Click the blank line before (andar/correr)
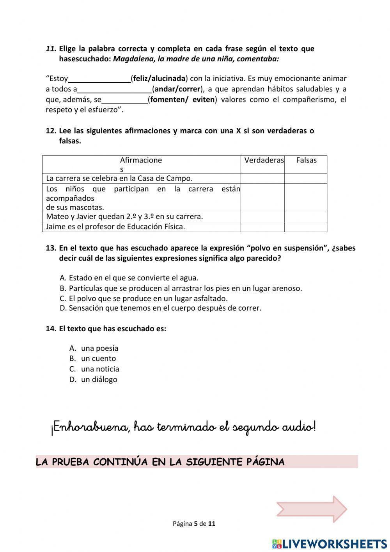coord(114,89)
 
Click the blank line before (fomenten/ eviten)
coord(124,100)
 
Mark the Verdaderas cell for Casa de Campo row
coord(262,179)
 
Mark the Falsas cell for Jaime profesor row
coord(305,227)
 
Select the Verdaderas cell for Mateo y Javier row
coord(262,217)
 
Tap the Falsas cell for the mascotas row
coord(305,198)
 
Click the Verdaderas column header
coord(264,160)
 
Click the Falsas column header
coord(306,160)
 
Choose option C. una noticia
coord(100,369)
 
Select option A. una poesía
coord(99,348)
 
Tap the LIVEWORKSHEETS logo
coord(330,543)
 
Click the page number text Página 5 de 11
coord(194,523)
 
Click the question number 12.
coord(51,131)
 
